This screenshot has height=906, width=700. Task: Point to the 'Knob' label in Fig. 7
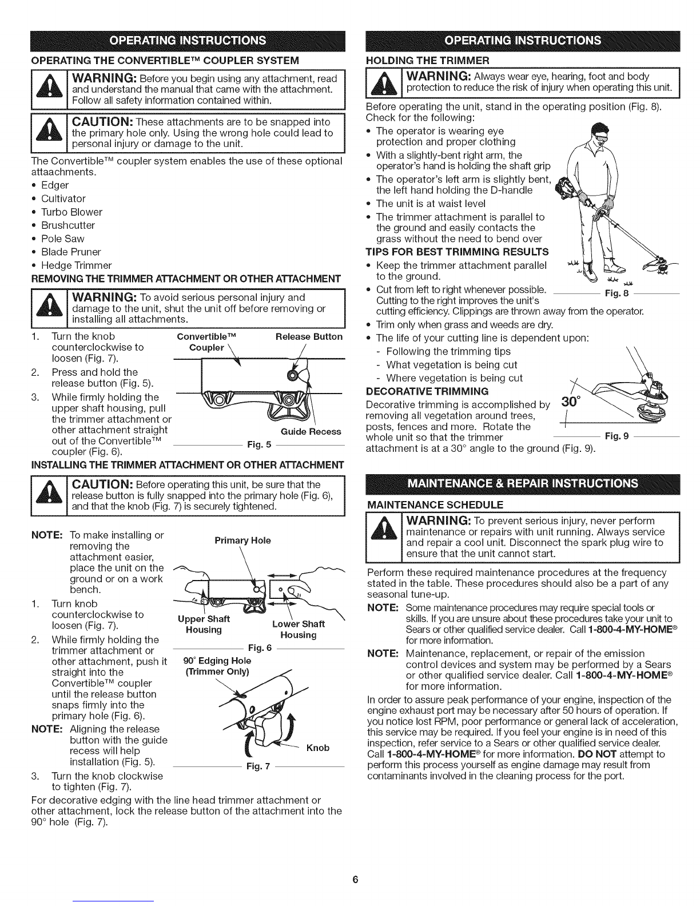coord(318,748)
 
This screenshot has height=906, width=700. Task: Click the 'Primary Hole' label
coord(242,540)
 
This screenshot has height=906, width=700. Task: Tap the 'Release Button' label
coord(309,336)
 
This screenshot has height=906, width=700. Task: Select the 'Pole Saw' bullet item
coord(67,239)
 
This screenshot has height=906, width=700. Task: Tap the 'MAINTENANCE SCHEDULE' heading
coord(435,504)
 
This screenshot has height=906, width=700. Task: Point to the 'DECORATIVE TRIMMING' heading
coord(427,391)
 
